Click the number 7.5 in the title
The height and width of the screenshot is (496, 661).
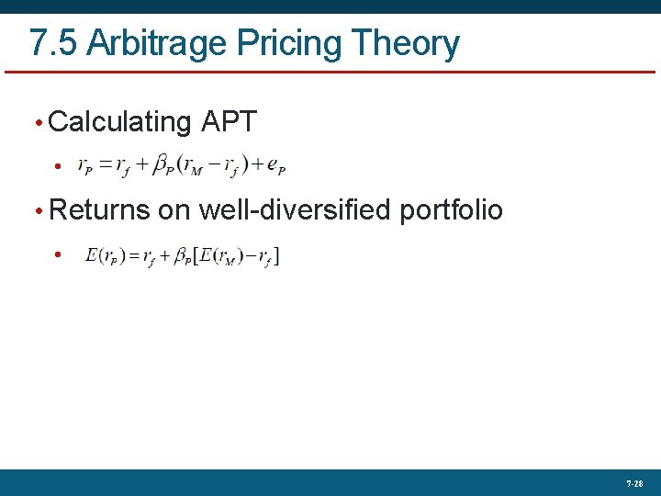tap(51, 43)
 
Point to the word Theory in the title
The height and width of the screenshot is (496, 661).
tap(406, 43)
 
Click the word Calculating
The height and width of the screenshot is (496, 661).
tap(119, 121)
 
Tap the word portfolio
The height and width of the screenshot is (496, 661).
tap(451, 209)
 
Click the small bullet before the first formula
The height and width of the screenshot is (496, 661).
tap(57, 166)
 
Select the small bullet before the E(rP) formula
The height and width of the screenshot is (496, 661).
tap(57, 254)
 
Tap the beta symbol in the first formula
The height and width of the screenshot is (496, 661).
tap(162, 165)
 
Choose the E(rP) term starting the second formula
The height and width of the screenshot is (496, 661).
tap(106, 254)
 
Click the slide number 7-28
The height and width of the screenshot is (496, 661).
tap(634, 483)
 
